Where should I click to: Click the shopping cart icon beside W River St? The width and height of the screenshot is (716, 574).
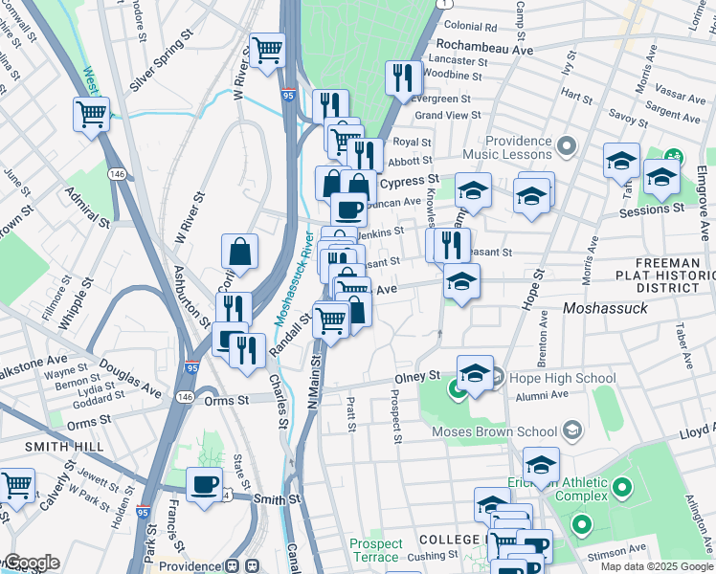pyautogui.click(x=267, y=50)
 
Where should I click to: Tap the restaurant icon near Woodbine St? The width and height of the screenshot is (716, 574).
pyautogui.click(x=403, y=77)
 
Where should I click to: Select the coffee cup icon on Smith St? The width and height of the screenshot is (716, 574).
pyautogui.click(x=203, y=484)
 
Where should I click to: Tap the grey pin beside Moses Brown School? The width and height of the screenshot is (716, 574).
pyautogui.click(x=573, y=430)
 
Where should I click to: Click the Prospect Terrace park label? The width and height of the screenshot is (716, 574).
pyautogui.click(x=375, y=550)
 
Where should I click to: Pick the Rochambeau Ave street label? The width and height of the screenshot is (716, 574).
pyautogui.click(x=484, y=46)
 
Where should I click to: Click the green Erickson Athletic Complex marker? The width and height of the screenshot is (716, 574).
pyautogui.click(x=623, y=490)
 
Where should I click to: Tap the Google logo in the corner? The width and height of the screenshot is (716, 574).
pyautogui.click(x=31, y=563)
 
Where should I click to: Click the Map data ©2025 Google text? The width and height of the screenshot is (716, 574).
pyautogui.click(x=656, y=566)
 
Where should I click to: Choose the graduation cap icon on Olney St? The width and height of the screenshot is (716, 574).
pyautogui.click(x=474, y=374)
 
